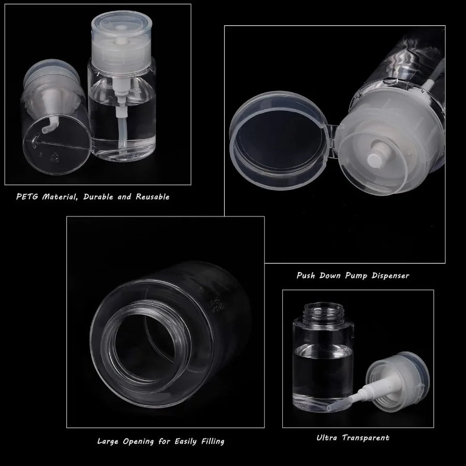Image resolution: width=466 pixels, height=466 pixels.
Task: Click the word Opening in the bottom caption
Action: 143,442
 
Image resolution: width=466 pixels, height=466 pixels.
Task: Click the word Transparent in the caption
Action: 366,438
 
